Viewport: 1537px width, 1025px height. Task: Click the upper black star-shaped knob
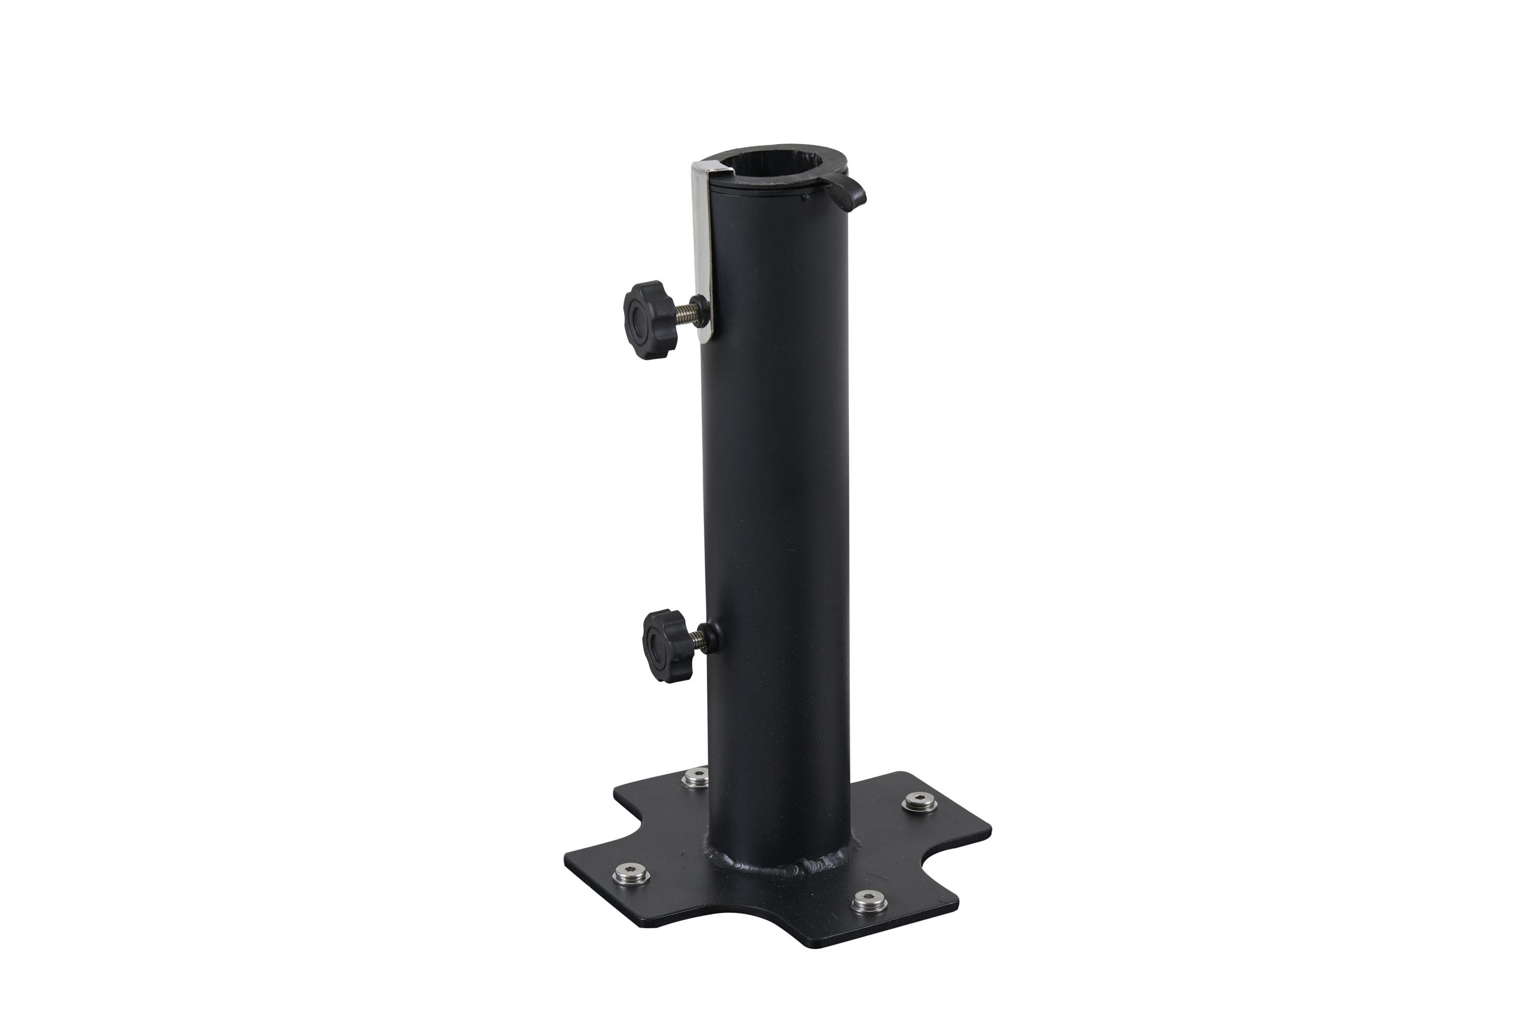click(x=648, y=313)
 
